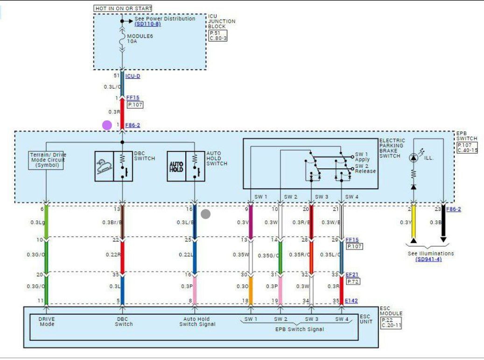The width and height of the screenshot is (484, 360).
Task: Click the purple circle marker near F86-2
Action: (107, 125)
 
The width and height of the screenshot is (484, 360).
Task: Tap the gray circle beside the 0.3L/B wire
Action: (205, 214)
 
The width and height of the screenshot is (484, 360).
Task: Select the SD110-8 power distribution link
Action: (147, 24)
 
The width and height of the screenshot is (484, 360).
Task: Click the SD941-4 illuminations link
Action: (428, 259)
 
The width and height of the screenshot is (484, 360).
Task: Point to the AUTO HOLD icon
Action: (176, 166)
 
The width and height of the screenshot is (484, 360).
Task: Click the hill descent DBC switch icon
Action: (104, 166)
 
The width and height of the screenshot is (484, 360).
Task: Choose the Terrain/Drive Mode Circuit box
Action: (46, 159)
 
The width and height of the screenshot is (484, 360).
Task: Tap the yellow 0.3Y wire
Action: (413, 223)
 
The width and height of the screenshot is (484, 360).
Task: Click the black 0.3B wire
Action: (443, 223)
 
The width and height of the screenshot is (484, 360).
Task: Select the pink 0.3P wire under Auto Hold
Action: (194, 287)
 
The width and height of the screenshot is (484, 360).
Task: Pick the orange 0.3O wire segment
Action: (250, 287)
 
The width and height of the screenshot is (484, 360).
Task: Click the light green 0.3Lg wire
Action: (46, 222)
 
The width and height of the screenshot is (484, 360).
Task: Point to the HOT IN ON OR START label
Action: (123, 8)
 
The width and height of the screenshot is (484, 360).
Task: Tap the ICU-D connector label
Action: (133, 76)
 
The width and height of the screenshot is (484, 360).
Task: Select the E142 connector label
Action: (351, 301)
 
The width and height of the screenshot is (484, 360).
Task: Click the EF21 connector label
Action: (352, 275)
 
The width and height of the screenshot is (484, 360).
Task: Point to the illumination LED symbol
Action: (413, 158)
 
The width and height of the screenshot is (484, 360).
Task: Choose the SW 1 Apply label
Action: (362, 157)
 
